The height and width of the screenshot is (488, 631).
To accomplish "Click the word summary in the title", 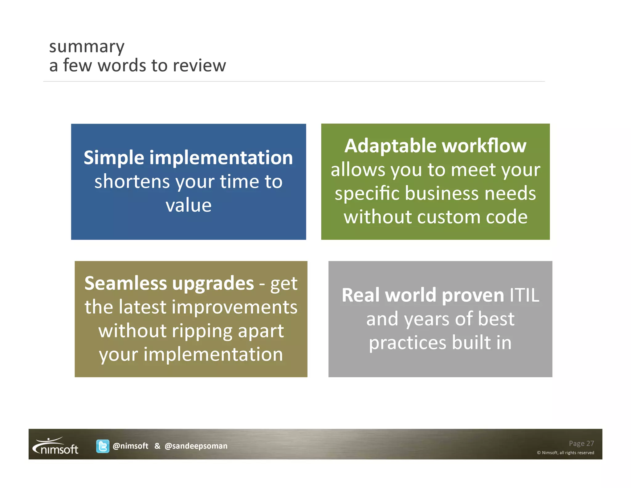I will pos(87,47).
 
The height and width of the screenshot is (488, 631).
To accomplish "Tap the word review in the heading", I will pos(199,65).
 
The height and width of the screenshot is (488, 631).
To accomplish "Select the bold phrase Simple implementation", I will pos(188,158).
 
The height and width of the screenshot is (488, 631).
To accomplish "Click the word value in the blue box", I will pos(189,205).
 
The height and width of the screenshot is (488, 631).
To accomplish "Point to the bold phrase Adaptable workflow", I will pos(435,146).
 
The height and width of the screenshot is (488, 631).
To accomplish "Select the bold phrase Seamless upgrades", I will pos(169,283).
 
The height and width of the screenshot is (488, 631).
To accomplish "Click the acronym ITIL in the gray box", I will pos(524,295).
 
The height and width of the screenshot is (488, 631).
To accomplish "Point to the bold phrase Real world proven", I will pos(423,295).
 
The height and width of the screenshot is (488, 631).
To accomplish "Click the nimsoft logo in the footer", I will pos(56,446).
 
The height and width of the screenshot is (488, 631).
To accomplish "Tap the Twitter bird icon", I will pos(103,446).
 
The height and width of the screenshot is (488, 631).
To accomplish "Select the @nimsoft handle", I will pos(130,446).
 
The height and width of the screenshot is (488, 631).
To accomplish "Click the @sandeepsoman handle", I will pos(196,446).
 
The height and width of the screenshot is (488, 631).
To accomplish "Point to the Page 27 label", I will pos(581,443).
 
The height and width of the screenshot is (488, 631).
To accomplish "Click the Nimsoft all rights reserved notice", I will pos(565,453).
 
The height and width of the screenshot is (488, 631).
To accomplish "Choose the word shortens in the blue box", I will pos(132,181).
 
